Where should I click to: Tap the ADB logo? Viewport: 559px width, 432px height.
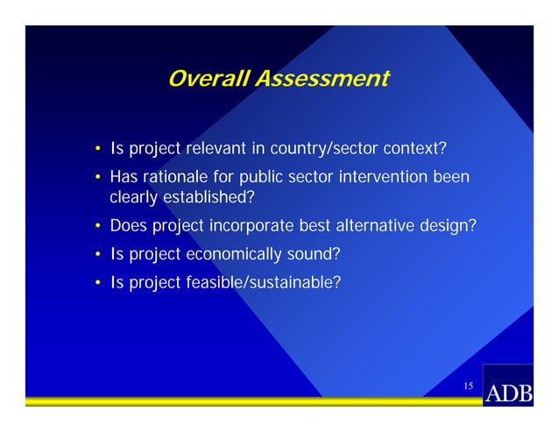pyautogui.click(x=508, y=392)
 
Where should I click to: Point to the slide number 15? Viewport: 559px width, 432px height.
pyautogui.click(x=469, y=386)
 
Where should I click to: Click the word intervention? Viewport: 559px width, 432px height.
pyautogui.click(x=384, y=178)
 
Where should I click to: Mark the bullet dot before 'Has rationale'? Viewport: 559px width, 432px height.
pyautogui.click(x=98, y=179)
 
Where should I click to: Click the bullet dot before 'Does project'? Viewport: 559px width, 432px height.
pyautogui.click(x=98, y=227)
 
